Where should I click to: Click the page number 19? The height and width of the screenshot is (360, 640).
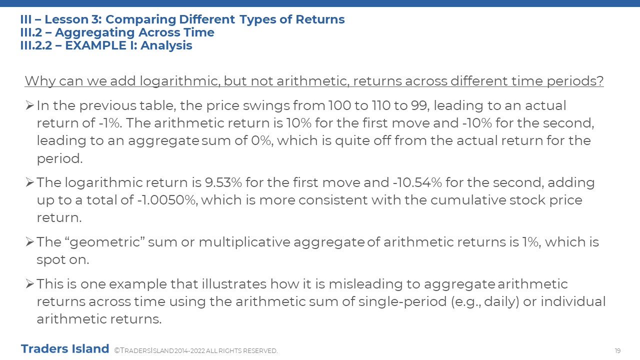click(617, 350)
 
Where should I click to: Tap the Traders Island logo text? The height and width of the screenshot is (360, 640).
click(65, 348)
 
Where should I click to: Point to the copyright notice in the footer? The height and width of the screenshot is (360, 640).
click(195, 350)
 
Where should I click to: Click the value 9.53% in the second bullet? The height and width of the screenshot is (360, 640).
click(223, 182)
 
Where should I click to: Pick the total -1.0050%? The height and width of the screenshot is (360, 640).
click(167, 200)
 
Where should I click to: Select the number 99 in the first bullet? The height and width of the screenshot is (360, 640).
click(420, 105)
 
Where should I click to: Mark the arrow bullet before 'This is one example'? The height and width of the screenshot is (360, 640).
click(29, 283)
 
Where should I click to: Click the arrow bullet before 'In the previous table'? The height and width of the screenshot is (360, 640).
click(29, 105)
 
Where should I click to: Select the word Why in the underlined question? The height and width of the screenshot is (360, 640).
click(40, 81)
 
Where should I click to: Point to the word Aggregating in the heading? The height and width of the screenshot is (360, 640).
click(95, 33)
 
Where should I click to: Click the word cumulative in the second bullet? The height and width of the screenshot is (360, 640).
click(468, 200)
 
